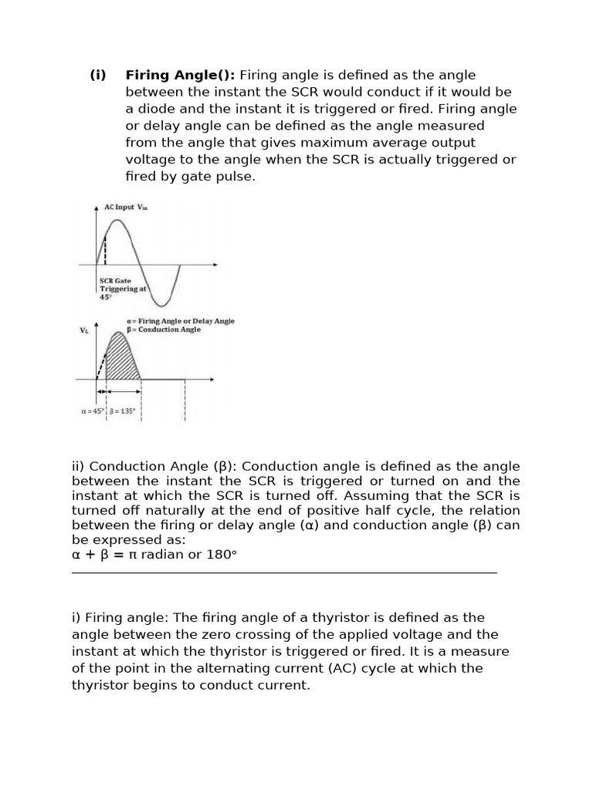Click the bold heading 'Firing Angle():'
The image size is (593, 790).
click(180, 75)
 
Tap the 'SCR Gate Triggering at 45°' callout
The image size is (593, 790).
click(122, 289)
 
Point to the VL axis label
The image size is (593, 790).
click(84, 329)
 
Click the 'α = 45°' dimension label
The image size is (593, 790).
click(93, 411)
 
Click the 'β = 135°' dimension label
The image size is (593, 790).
click(123, 411)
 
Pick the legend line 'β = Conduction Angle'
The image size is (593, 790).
click(163, 329)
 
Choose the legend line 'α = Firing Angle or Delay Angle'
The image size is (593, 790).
click(180, 321)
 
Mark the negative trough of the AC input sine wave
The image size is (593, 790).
click(163, 302)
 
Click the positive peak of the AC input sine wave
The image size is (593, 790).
click(117, 221)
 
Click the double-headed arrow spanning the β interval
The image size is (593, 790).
click(123, 393)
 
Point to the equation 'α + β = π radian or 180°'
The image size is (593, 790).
click(154, 555)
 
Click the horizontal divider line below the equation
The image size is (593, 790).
click(284, 572)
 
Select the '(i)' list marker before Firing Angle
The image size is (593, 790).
click(97, 75)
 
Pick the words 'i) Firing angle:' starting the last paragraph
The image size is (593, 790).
click(120, 617)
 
